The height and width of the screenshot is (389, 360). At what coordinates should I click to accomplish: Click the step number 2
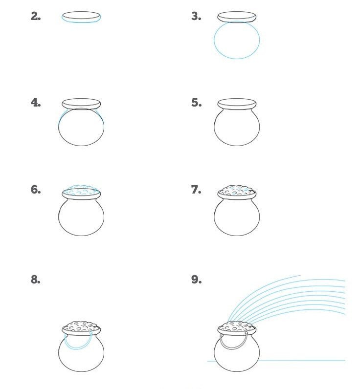click(x=36, y=17)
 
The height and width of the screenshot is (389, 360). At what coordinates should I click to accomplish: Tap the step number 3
click(x=196, y=17)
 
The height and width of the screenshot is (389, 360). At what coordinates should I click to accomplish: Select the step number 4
click(x=36, y=103)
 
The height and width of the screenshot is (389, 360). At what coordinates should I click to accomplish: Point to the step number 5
click(x=197, y=103)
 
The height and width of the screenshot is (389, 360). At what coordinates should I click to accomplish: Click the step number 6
click(x=36, y=190)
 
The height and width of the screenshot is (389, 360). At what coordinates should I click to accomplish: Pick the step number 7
click(x=196, y=190)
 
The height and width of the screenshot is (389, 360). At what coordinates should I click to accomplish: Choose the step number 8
click(x=36, y=280)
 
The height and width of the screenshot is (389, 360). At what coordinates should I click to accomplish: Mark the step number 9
click(x=197, y=280)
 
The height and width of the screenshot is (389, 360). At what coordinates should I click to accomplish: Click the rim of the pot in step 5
click(x=237, y=104)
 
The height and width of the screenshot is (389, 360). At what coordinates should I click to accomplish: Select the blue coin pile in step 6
click(x=81, y=190)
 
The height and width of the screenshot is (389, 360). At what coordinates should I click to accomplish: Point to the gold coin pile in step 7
click(x=237, y=190)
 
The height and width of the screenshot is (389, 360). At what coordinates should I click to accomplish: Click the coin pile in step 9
click(x=237, y=326)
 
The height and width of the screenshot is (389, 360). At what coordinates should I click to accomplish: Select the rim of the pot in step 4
click(x=81, y=104)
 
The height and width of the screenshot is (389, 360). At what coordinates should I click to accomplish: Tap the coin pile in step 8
click(x=81, y=326)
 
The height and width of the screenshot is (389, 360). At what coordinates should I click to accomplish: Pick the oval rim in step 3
click(x=237, y=17)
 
